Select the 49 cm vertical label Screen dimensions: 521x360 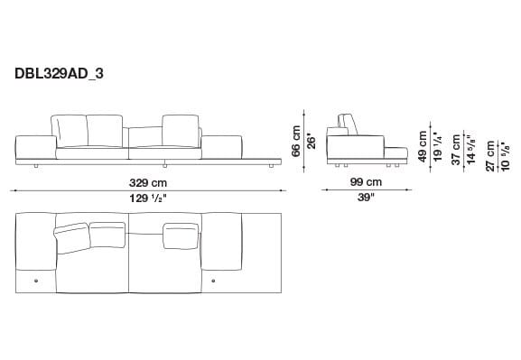pyautogui.click(x=422, y=144)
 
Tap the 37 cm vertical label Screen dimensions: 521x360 pyautogui.click(x=456, y=147)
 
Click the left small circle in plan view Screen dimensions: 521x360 pyautogui.click(x=35, y=282)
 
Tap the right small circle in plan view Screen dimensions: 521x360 pyautogui.click(x=213, y=282)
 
